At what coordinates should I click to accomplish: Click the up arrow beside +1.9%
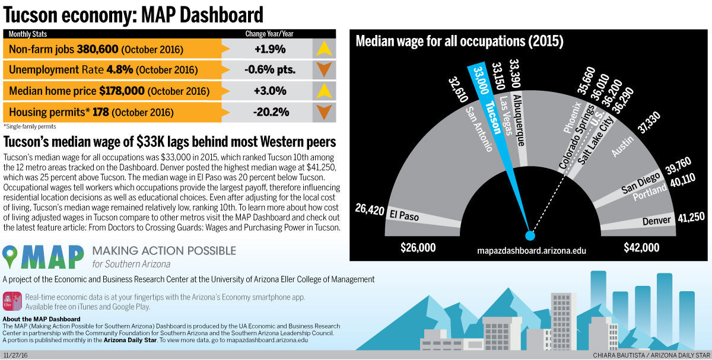(x=323, y=49)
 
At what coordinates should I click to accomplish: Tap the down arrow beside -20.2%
(x=323, y=111)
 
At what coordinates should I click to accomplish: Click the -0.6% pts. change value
(x=270, y=70)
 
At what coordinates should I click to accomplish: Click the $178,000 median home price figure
(x=122, y=91)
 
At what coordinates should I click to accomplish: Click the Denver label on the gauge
(x=656, y=221)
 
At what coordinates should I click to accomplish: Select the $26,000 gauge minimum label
(x=418, y=247)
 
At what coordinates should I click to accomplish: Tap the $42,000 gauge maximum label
(x=641, y=247)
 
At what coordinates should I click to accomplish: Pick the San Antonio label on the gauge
(x=479, y=129)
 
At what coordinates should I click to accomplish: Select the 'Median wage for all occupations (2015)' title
(x=459, y=42)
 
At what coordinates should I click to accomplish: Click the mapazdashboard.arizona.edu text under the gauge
(x=532, y=251)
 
